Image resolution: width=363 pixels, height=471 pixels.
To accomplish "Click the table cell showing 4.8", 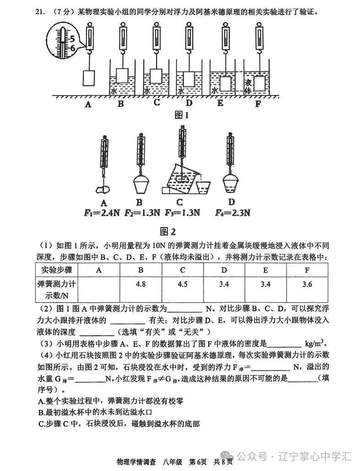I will (141, 284).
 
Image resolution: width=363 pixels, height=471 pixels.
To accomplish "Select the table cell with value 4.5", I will (182, 284).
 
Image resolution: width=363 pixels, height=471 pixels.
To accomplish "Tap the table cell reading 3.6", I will (307, 284).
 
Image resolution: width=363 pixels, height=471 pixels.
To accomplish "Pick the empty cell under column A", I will (98, 284).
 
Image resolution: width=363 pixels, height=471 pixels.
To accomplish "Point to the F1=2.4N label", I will (103, 212).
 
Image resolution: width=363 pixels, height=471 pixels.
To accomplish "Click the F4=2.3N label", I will (233, 212).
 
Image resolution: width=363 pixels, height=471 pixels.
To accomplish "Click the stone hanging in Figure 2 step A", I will (103, 187).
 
